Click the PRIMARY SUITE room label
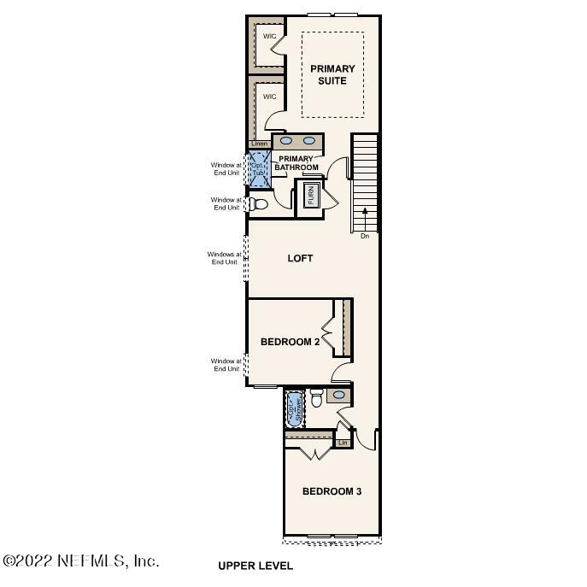coord(332,74)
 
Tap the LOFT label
coord(300,258)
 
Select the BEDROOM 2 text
coord(290,342)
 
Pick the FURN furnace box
coord(311,197)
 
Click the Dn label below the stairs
coord(365,236)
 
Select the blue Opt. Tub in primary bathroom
coord(259,167)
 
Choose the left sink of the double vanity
coord(286,141)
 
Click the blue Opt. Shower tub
coord(295,408)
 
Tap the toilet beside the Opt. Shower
coord(315,397)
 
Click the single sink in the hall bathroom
coord(338,396)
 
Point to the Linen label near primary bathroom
coord(259,144)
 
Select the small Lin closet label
coord(343,443)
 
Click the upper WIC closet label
coord(269,36)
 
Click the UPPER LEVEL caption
coord(255,566)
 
